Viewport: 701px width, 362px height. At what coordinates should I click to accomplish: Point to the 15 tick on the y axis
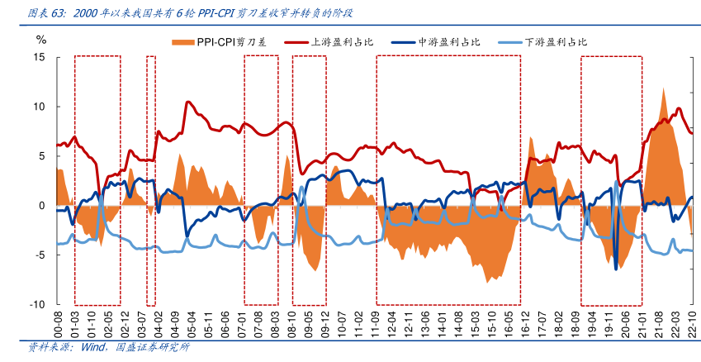pos(39,57)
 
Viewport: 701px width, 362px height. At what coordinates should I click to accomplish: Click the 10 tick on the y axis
pos(39,107)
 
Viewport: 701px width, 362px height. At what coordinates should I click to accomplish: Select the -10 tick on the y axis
pos(37,305)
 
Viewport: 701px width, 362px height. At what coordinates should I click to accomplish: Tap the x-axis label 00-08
pos(58,323)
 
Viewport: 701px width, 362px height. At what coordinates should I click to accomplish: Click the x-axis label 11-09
pos(374,323)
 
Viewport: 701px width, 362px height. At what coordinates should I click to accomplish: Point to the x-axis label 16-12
pos(525,323)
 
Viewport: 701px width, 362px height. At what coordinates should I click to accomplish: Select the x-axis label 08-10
pos(291,323)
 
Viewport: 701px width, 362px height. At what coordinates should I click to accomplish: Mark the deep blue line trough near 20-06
pos(615,269)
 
